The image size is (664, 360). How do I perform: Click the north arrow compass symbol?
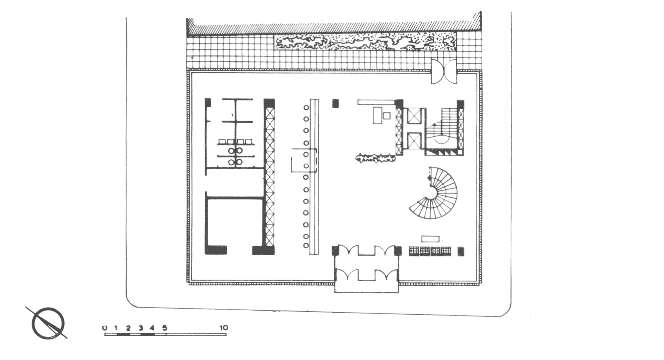pos(48,323)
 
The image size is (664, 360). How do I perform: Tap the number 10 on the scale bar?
pos(224,328)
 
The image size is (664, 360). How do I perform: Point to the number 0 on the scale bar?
pos(105,328)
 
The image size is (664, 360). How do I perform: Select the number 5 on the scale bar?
pos(165,328)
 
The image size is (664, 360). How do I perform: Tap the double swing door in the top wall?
pos(444,71)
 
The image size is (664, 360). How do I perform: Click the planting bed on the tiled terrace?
pos(365,42)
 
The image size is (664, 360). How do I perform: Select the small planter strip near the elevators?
pos(375,158)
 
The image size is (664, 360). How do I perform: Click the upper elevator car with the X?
pos(414,117)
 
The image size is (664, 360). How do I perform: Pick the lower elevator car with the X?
pos(414,140)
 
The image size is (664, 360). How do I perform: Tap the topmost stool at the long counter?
pos(306,108)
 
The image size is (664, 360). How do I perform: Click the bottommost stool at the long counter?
pos(306,246)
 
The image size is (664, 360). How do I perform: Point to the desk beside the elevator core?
pos(377,115)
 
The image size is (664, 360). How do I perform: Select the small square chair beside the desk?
pos(387,116)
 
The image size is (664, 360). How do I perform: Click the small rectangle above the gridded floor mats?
pos(430,239)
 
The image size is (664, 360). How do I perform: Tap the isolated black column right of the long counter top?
pos(335,104)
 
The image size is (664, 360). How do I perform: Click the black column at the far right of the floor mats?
pos(461,251)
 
